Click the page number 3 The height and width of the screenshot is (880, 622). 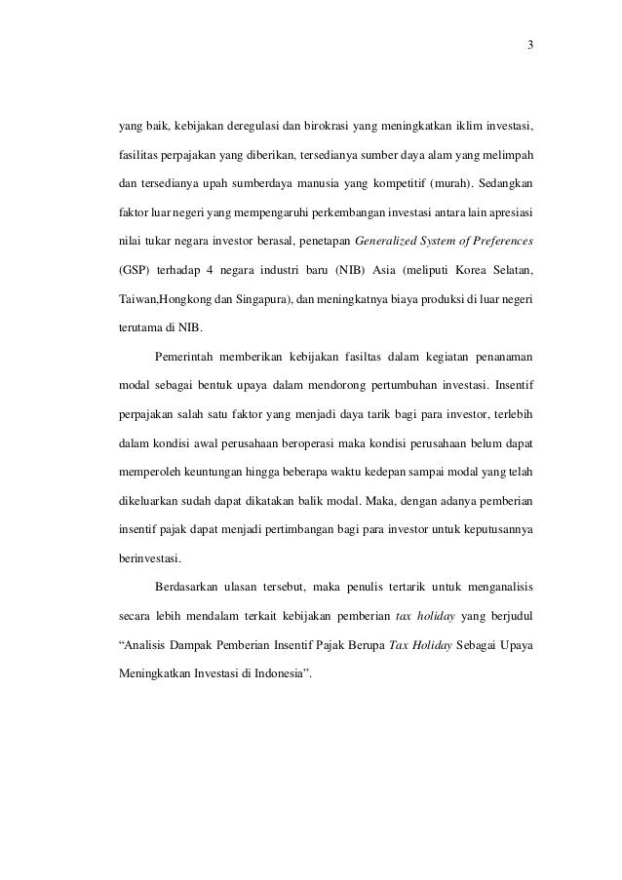click(x=529, y=45)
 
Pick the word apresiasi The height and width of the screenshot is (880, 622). click(x=510, y=210)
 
